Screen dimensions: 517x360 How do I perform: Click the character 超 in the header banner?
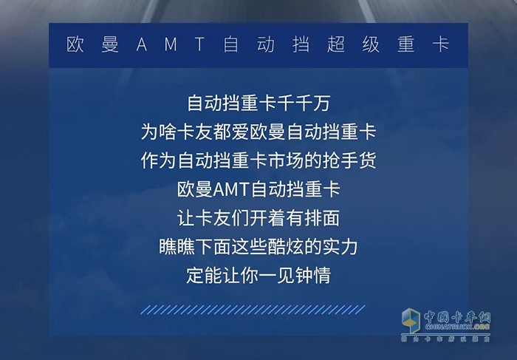(336, 44)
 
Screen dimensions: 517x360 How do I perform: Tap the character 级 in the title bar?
(371, 44)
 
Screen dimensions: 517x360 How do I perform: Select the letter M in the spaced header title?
(171, 44)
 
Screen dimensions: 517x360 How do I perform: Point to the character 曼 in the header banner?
(110, 44)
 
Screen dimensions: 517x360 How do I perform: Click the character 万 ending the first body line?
(321, 103)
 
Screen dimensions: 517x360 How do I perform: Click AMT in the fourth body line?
(230, 190)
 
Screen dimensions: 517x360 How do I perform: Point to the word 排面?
(322, 218)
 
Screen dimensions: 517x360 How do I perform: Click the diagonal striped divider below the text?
(253, 310)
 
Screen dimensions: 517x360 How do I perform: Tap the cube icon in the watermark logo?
(411, 320)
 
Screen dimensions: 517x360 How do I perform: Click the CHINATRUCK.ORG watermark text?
(457, 327)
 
